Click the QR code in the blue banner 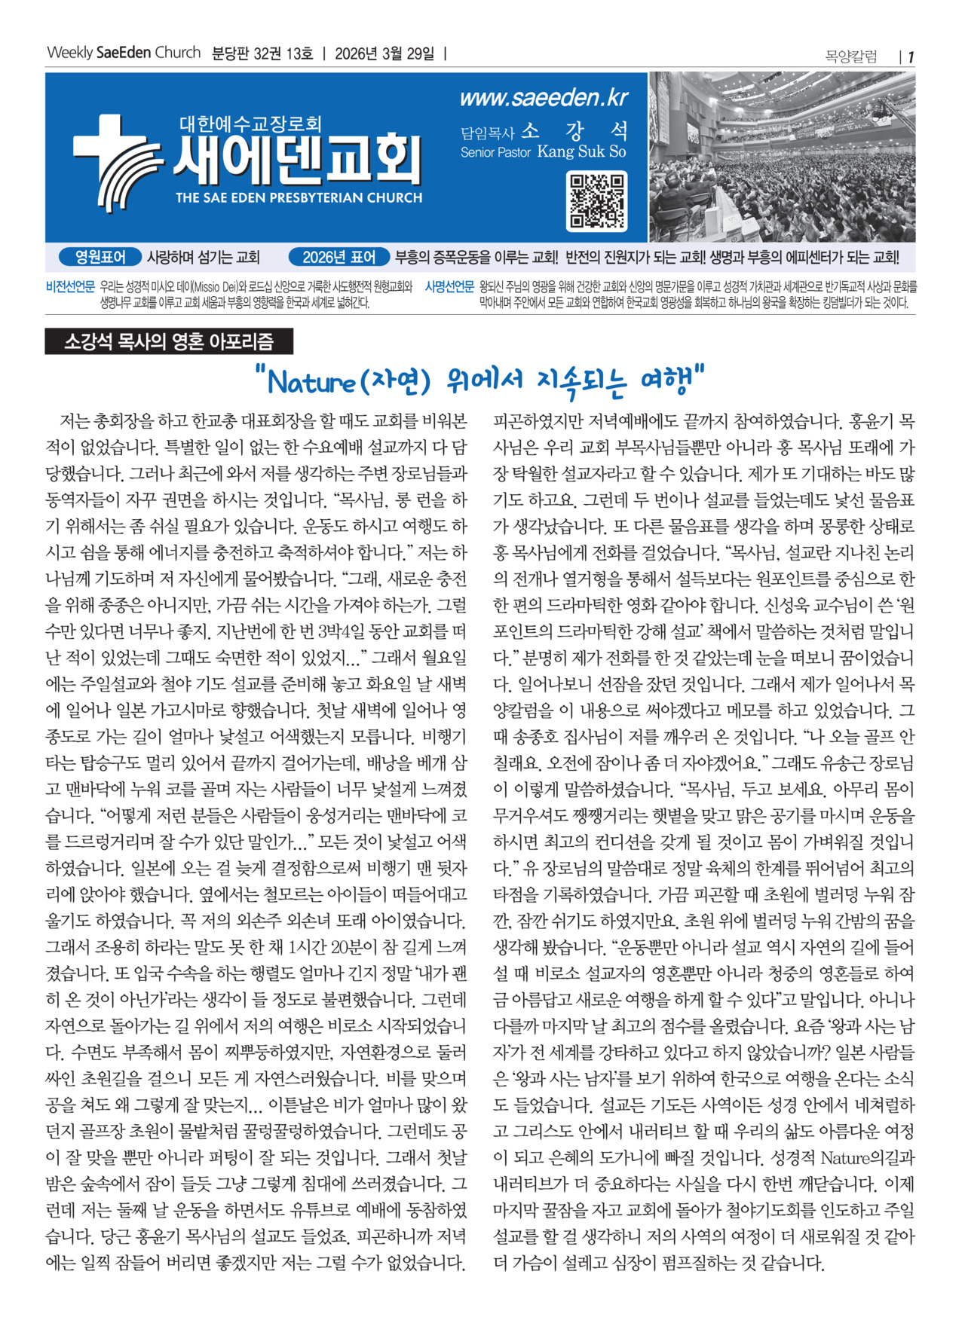[597, 201]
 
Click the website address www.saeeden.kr [544, 98]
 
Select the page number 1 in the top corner [911, 57]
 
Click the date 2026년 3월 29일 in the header [384, 53]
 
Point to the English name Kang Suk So [581, 151]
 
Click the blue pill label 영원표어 [100, 257]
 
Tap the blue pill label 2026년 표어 [339, 257]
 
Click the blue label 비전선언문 [70, 286]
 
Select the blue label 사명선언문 [449, 286]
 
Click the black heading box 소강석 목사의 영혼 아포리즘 [169, 342]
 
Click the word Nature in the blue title [311, 382]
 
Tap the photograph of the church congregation [782, 157]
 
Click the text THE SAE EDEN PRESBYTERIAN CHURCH [299, 198]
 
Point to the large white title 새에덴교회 [297, 160]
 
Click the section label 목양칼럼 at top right [851, 57]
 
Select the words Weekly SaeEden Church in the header [124, 53]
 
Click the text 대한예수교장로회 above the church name [250, 123]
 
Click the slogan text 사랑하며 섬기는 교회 [203, 257]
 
